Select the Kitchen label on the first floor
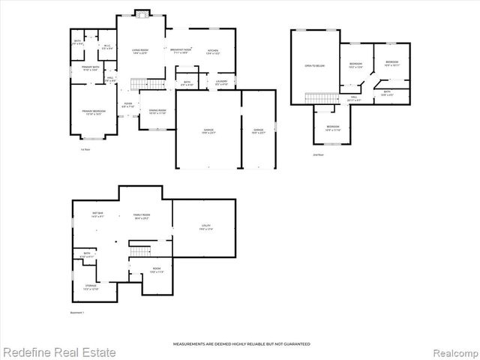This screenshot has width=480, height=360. pos(213,51)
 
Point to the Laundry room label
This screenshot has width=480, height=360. pos(221,82)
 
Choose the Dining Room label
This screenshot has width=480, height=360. pos(157,110)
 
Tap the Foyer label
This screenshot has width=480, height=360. pos(128,105)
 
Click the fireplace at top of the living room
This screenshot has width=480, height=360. pos(140,13)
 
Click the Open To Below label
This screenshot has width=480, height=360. pos(314,66)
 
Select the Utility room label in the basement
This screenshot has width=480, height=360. pos(205,226)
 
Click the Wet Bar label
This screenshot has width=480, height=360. pos(98,214)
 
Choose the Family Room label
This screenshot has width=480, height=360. pos(140,214)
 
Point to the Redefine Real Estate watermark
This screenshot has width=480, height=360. pos(59,352)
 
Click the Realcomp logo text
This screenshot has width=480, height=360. pos(450,352)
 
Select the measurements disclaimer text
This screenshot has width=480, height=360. pos(241,343)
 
